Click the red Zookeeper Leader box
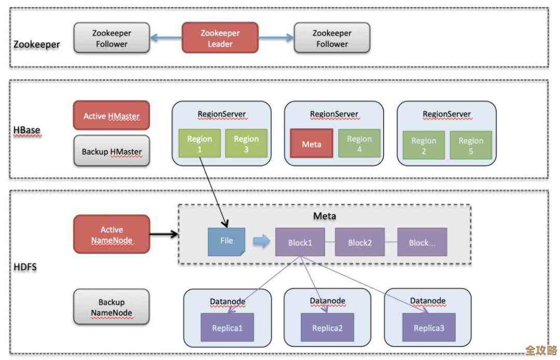click(x=220, y=37)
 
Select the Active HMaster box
click(x=111, y=116)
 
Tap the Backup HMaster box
click(x=111, y=151)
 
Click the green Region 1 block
click(x=200, y=144)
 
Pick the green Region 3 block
click(x=246, y=144)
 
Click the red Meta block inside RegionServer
click(x=311, y=144)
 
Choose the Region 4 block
click(x=359, y=144)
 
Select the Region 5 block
click(x=471, y=145)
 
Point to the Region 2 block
click(x=424, y=145)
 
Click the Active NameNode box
click(x=111, y=234)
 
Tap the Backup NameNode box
click(x=111, y=307)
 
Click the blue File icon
click(x=227, y=241)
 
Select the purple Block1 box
click(x=300, y=242)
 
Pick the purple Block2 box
click(x=360, y=242)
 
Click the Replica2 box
click(x=327, y=327)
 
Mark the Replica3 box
click(x=429, y=327)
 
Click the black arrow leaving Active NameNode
click(x=164, y=234)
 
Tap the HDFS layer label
click(x=25, y=268)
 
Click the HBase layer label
click(x=26, y=130)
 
